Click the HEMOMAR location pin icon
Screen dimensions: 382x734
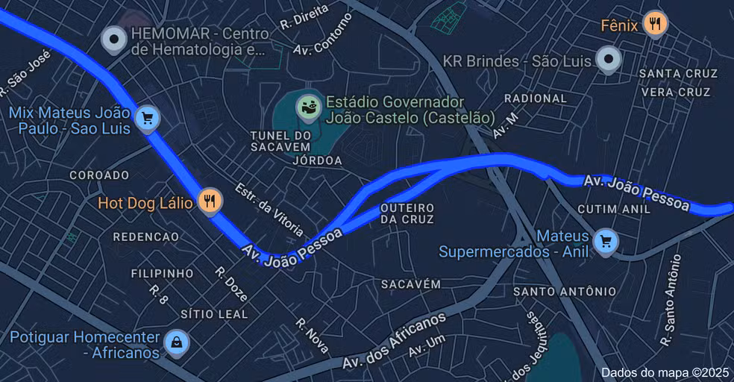click(x=114, y=39)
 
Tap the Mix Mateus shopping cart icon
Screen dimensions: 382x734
click(x=147, y=118)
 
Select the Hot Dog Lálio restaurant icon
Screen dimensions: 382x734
click(x=210, y=201)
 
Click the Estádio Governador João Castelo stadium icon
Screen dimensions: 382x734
click(x=308, y=107)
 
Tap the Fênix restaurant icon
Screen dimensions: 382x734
click(x=655, y=24)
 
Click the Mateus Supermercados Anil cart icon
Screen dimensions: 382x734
click(x=606, y=241)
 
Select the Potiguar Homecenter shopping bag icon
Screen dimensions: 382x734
click(x=176, y=342)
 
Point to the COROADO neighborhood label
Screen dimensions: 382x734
click(x=99, y=175)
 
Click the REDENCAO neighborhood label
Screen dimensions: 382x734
click(x=146, y=237)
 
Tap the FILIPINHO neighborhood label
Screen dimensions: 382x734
click(x=163, y=274)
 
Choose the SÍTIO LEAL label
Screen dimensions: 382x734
click(x=214, y=314)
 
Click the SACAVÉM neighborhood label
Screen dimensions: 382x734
click(x=411, y=284)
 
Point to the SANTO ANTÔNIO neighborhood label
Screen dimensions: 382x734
click(x=565, y=291)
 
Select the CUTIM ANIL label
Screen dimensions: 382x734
click(x=614, y=210)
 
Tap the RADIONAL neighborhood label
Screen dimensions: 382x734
click(x=536, y=98)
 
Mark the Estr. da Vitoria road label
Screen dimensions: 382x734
click(x=269, y=209)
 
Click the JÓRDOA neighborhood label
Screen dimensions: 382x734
click(x=318, y=160)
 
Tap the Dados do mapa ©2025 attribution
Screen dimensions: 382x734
click(x=665, y=372)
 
